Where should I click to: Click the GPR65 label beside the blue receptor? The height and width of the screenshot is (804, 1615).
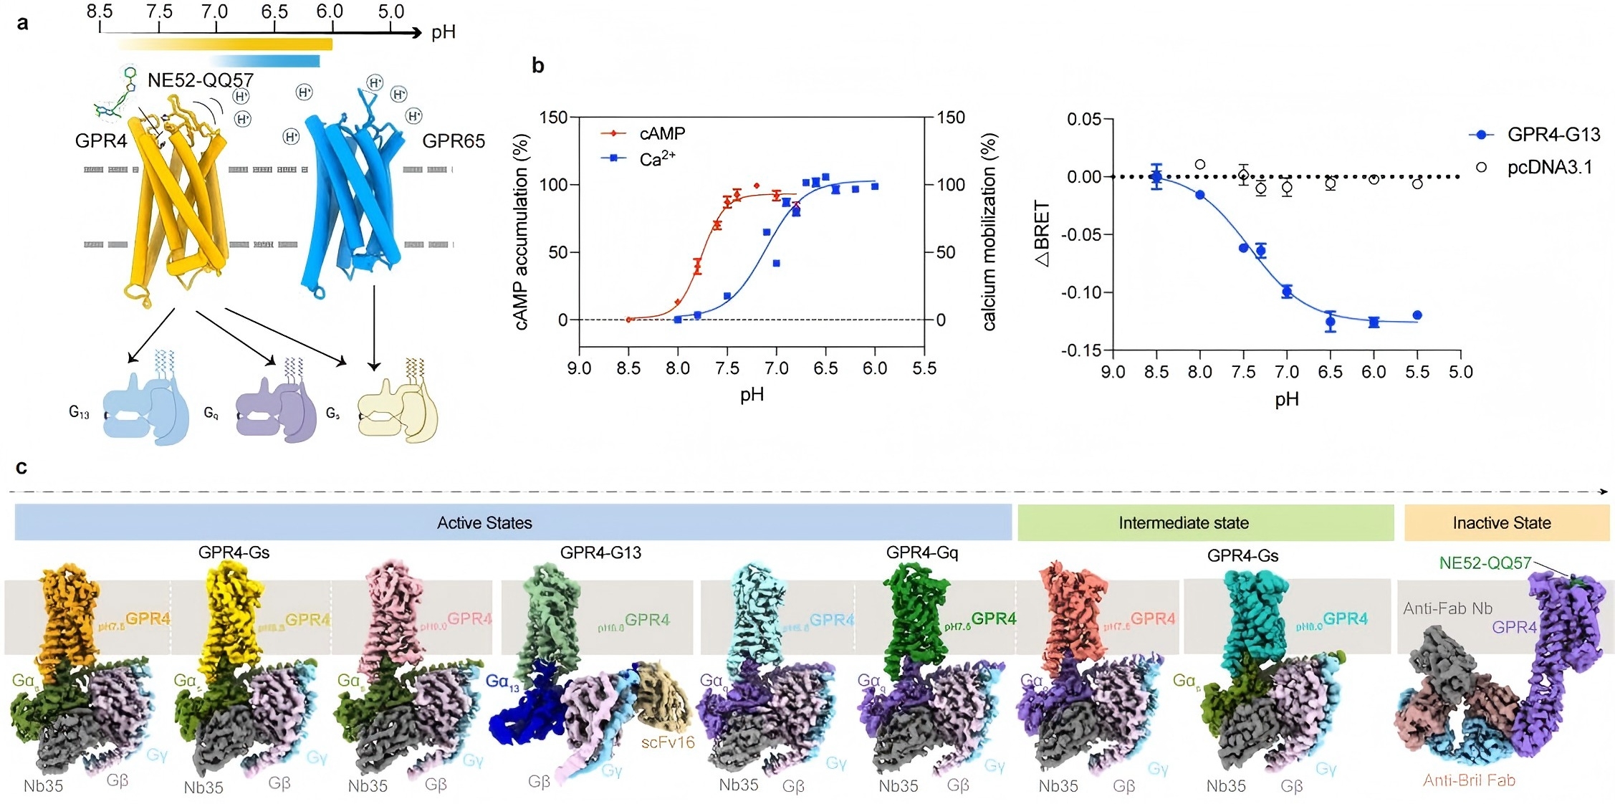click(453, 141)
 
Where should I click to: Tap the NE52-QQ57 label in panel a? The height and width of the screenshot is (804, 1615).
click(200, 80)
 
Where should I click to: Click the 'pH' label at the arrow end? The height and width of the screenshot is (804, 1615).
click(444, 32)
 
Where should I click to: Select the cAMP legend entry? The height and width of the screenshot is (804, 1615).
click(661, 133)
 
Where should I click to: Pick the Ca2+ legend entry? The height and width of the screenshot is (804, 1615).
click(656, 158)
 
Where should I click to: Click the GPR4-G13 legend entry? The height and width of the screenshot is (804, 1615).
click(1553, 135)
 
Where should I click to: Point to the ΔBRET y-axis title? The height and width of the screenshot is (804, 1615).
click(1043, 234)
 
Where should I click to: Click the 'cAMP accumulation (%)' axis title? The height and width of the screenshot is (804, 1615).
click(522, 232)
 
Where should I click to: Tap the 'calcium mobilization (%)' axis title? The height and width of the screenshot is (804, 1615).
click(989, 232)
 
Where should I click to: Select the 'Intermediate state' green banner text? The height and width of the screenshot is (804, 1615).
click(1183, 523)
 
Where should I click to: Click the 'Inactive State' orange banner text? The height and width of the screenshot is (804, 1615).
click(1501, 523)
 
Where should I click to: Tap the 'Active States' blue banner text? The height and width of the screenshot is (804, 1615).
click(484, 523)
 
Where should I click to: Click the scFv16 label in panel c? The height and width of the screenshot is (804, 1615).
click(668, 742)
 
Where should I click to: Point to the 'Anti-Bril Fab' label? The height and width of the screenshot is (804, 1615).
click(1469, 780)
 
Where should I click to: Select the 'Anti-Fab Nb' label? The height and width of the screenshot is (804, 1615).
click(1447, 608)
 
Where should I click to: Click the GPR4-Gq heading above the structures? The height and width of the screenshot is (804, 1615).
click(921, 552)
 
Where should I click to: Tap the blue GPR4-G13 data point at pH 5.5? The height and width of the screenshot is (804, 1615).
click(1417, 315)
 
